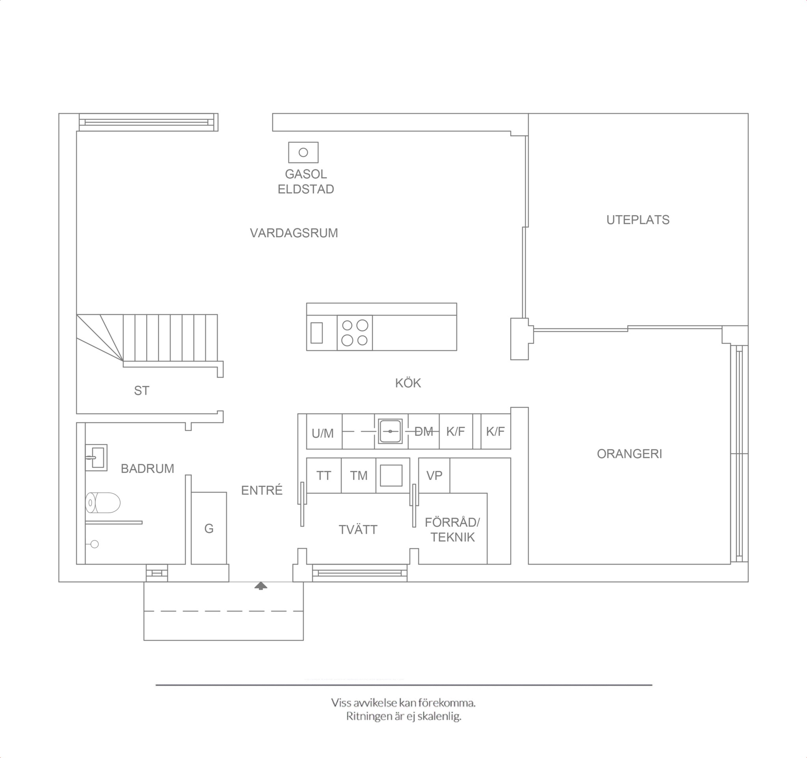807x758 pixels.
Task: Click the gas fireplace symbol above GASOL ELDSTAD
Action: (x=303, y=152)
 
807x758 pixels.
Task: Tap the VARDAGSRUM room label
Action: (x=294, y=233)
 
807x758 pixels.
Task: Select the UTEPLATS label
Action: (x=638, y=220)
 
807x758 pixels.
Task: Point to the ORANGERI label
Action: (x=629, y=454)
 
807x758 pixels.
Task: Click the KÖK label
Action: (x=408, y=383)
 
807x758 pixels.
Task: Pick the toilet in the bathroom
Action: (x=103, y=503)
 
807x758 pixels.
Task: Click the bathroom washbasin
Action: (x=96, y=457)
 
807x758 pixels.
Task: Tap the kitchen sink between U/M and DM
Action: (x=390, y=431)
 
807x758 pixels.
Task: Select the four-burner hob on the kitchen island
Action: (x=355, y=333)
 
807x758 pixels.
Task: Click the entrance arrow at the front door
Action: (x=260, y=585)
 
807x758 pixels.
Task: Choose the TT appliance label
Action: (x=324, y=476)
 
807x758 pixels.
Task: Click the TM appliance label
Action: (x=359, y=476)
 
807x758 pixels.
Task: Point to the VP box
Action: (x=434, y=476)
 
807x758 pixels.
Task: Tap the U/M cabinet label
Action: (x=323, y=433)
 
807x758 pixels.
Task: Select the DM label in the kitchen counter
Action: (x=424, y=431)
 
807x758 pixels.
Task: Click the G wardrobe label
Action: (x=209, y=528)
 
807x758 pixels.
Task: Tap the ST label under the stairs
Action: (x=142, y=390)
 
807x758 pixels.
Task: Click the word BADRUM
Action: (x=147, y=469)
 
